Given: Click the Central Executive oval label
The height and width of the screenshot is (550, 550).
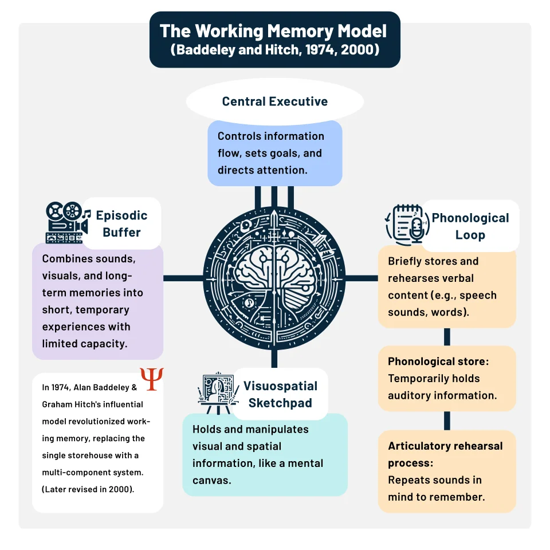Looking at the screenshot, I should (275, 102).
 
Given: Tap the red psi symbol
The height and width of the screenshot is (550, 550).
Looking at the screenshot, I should (152, 379).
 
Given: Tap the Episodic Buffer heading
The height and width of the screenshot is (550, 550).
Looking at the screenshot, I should (121, 223).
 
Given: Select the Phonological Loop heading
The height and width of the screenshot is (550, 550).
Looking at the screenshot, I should (470, 226).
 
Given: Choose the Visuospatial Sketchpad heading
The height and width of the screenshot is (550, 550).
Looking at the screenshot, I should (280, 394).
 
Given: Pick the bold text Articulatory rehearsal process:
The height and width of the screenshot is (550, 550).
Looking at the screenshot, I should (445, 454).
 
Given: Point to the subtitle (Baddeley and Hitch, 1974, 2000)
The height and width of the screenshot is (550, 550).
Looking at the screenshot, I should (275, 50).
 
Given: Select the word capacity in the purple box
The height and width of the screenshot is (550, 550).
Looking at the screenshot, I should (106, 344).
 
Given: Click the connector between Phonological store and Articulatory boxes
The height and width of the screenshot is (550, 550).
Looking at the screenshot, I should (447, 421).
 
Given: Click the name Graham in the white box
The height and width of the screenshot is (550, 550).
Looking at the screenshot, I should (56, 404).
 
